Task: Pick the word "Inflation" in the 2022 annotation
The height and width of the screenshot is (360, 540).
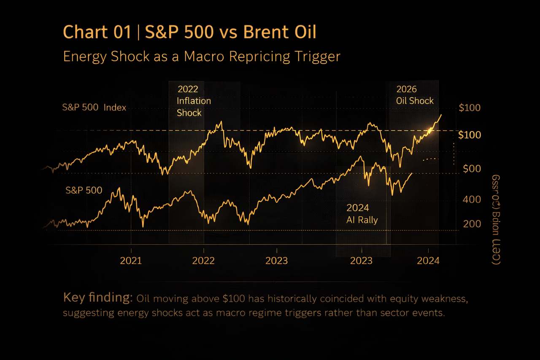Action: click(194, 101)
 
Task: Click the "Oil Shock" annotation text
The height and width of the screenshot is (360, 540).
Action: click(415, 101)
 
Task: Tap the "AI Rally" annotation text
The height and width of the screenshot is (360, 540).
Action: click(362, 220)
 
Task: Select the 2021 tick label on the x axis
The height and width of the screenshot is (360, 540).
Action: click(131, 260)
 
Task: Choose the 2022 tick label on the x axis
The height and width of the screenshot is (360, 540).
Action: click(203, 260)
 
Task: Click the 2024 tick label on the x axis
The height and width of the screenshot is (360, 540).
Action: click(428, 260)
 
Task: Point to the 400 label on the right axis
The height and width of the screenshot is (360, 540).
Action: click(472, 199)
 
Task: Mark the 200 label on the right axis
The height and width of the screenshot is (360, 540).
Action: click(472, 224)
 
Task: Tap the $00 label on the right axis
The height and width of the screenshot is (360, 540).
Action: click(472, 169)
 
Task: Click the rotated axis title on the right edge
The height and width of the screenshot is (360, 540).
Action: click(496, 219)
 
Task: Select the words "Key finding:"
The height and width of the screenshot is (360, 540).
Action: click(98, 298)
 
